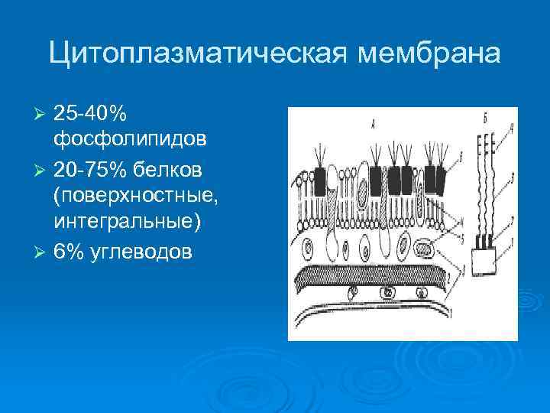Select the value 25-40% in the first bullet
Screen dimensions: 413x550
point(90,114)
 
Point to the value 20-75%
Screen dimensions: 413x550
point(90,167)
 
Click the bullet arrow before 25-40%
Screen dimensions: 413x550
point(42,115)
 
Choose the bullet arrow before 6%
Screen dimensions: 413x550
point(42,252)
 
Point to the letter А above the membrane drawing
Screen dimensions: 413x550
point(371,122)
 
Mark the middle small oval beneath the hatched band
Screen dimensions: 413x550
point(388,291)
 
